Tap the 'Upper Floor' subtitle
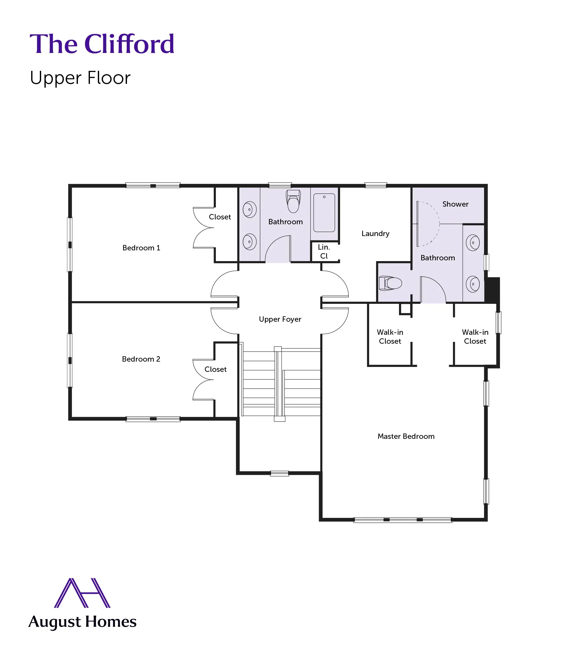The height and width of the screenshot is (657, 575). point(80,78)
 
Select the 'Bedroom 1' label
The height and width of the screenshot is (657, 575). point(141,248)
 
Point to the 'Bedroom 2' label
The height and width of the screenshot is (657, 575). point(141,359)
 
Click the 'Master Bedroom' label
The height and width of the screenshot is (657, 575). point(406,436)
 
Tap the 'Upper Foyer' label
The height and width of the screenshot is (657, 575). point(280,319)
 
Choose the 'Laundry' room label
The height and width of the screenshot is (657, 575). point(375,233)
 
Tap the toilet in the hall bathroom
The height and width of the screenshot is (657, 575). point(293,201)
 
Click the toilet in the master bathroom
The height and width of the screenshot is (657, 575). point(390,283)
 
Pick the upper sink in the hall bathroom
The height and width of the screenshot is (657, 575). point(249,210)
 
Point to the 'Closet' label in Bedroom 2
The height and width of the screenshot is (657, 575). point(215,370)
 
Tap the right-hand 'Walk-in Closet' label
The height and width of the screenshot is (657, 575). point(475,337)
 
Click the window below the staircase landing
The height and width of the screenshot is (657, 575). point(279,473)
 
